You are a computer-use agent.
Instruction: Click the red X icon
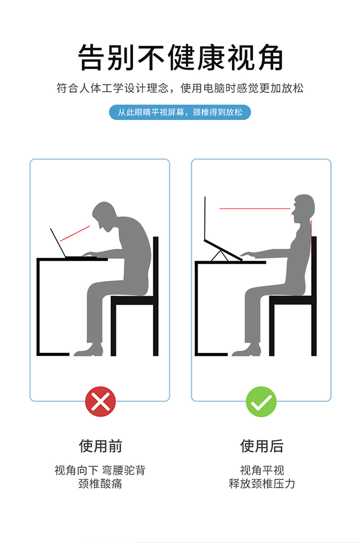(x=100, y=401)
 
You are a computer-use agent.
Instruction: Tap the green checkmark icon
(x=261, y=401)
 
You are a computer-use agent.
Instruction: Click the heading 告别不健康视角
(x=180, y=58)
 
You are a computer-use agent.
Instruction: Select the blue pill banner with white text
(x=180, y=112)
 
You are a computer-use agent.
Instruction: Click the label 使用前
(x=100, y=446)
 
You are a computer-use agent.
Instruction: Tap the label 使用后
(x=262, y=446)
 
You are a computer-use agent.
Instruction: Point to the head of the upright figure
(x=303, y=208)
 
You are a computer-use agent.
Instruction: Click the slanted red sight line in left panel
(x=75, y=233)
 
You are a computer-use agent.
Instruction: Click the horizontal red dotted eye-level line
(x=255, y=209)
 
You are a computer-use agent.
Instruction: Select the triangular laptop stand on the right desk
(x=219, y=255)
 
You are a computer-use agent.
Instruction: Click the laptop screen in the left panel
(x=58, y=242)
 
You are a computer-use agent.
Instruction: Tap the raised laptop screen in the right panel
(x=205, y=218)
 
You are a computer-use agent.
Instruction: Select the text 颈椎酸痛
(x=100, y=483)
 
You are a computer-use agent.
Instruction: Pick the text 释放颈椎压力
(x=262, y=483)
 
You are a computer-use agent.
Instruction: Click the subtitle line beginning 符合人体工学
(x=180, y=88)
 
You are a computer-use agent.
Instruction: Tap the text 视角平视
(x=262, y=470)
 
